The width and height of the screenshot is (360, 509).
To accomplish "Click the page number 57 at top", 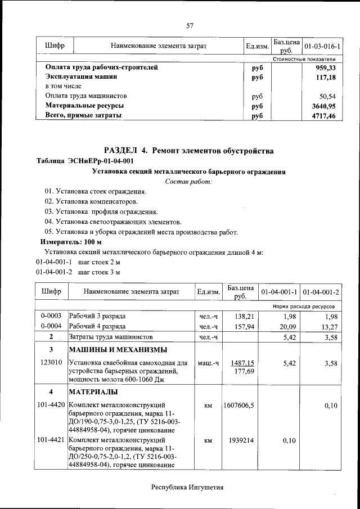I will pos(190,25).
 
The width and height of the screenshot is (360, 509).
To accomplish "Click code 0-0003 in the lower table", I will pos(51,316).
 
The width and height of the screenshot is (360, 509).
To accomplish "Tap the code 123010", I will pos(51,363).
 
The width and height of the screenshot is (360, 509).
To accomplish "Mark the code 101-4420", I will pos(51,405).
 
